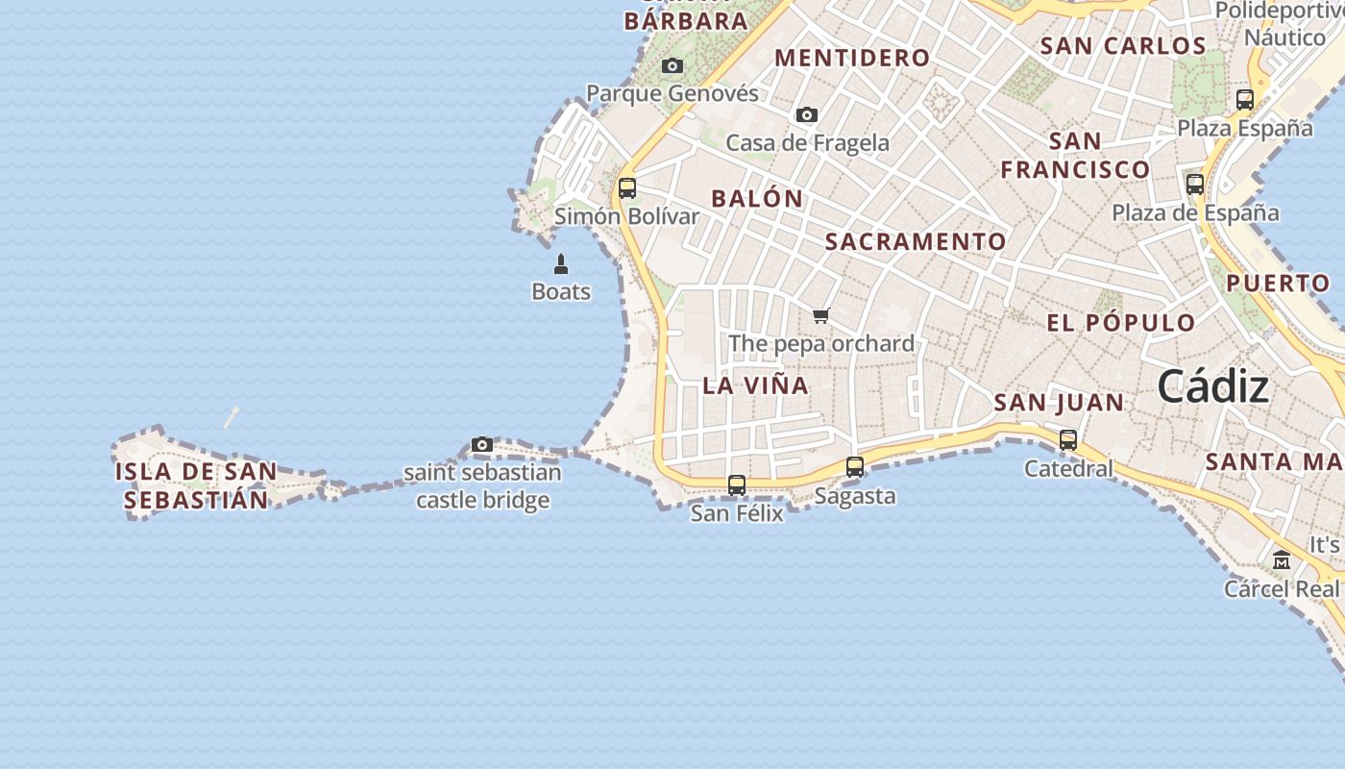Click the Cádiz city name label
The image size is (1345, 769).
click(x=1212, y=386)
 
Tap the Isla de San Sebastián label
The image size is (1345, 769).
click(x=196, y=485)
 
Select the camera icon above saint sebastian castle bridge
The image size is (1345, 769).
click(x=482, y=444)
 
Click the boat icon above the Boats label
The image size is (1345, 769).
click(x=561, y=264)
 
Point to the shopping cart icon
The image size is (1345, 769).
click(x=820, y=315)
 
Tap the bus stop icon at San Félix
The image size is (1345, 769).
click(x=737, y=485)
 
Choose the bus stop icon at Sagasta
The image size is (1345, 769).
click(x=855, y=467)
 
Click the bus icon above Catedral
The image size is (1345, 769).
click(x=1068, y=440)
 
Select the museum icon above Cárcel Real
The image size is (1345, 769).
click(x=1282, y=559)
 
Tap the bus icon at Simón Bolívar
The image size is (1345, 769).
click(x=627, y=188)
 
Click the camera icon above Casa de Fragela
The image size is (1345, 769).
click(x=807, y=115)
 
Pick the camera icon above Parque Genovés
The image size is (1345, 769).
click(x=672, y=65)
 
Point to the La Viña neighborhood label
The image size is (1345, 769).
click(x=756, y=385)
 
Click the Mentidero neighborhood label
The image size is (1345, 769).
click(x=852, y=58)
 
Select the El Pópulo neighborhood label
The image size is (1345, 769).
click(x=1121, y=322)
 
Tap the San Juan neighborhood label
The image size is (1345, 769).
click(x=1059, y=403)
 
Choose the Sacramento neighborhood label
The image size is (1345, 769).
click(x=916, y=241)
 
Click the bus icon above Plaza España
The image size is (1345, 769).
click(x=1245, y=99)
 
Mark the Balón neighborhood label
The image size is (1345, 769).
click(x=757, y=199)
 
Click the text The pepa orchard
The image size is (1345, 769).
click(x=821, y=343)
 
